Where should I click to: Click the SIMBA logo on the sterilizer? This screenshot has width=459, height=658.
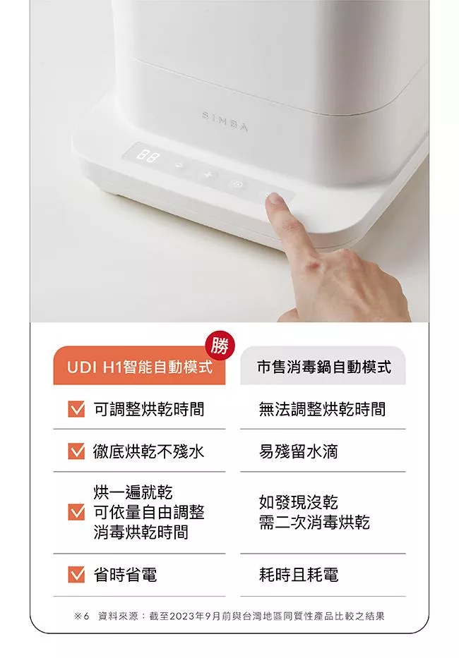(x=225, y=121)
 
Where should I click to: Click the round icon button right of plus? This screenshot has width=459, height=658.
(x=237, y=184)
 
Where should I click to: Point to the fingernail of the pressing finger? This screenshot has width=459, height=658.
(x=275, y=200)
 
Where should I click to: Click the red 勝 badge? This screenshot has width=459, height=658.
(x=220, y=346)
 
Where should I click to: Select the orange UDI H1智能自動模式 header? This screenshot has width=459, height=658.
(x=139, y=365)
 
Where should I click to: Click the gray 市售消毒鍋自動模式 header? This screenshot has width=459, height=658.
(x=323, y=365)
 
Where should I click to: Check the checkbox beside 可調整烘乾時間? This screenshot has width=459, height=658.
(x=76, y=409)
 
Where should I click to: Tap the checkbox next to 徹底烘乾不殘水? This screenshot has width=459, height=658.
(x=76, y=451)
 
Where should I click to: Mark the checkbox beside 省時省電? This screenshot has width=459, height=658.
(x=76, y=575)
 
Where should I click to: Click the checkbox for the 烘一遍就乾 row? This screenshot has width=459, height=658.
(x=76, y=512)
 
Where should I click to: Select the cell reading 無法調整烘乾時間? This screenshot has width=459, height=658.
(x=322, y=409)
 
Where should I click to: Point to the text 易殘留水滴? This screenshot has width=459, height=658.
(x=299, y=451)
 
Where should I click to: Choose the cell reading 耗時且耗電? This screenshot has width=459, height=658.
(x=299, y=575)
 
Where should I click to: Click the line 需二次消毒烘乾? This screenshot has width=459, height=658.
(x=314, y=523)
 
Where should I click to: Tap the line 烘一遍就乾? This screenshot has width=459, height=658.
(x=133, y=492)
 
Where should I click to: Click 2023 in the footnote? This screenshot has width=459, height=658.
(x=182, y=616)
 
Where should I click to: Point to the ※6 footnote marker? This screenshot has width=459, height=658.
(x=81, y=616)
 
